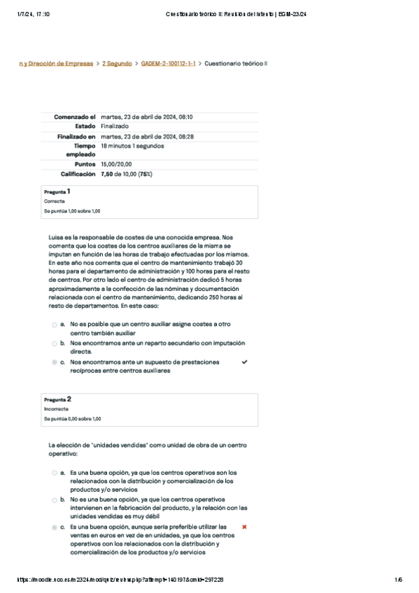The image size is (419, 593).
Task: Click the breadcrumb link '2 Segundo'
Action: pos(117,64)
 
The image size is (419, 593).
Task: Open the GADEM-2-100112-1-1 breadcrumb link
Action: pos(168,64)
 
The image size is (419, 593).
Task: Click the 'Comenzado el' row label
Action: pos(75,117)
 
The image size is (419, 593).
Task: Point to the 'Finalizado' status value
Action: pos(115,127)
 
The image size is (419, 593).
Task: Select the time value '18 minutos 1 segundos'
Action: pos(132,146)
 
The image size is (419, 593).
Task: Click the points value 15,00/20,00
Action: pos(116,164)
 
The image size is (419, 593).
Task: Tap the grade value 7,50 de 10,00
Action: pos(127,173)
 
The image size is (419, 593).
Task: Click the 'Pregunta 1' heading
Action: pos(57,191)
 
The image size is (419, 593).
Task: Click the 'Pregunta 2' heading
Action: pos(57,399)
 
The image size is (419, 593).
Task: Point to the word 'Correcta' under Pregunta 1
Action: pos(54,201)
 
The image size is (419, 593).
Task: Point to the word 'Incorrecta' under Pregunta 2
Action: pos(56,409)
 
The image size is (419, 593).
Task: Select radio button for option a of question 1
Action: pos(55,325)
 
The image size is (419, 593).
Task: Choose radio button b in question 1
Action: pos(55,344)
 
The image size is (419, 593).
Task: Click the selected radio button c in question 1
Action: pos(55,363)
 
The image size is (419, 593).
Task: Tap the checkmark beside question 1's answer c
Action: pos(244,362)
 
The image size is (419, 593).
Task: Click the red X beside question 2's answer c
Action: pos(244,526)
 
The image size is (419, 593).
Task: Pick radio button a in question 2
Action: pos(55,473)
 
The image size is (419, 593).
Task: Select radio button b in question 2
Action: pos(55,501)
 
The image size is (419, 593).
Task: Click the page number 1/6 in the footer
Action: pos(398,580)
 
